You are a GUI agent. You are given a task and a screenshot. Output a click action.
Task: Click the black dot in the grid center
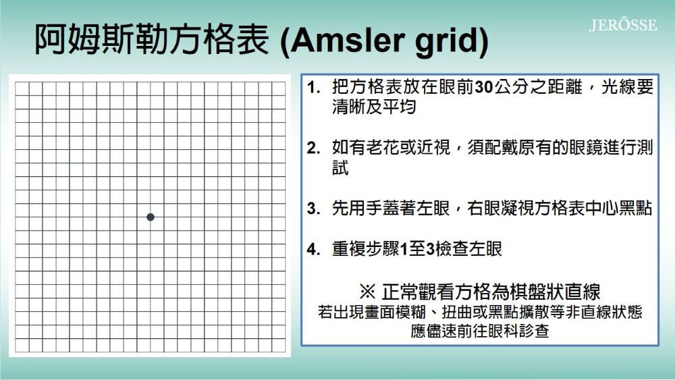(151, 217)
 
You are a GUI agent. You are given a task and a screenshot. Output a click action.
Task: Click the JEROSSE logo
(622, 25)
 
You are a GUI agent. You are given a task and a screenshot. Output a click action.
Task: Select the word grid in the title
(447, 42)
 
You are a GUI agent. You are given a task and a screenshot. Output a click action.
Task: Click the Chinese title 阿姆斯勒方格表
(152, 40)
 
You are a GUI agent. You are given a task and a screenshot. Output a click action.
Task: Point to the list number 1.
(313, 88)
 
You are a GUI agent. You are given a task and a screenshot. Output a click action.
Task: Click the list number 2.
(313, 148)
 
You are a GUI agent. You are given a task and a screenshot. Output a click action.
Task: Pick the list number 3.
(313, 209)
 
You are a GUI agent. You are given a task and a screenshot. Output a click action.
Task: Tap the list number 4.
(313, 249)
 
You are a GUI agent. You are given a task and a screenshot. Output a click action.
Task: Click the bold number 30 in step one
(484, 87)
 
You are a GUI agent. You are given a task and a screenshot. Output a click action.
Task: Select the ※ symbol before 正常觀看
(367, 292)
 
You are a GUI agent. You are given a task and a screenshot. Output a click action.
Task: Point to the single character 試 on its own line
(340, 167)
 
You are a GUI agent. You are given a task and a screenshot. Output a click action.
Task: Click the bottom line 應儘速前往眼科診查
(479, 331)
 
